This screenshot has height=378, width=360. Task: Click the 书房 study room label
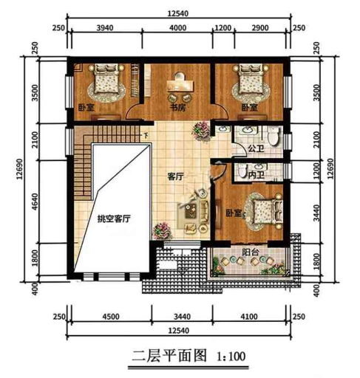[x=176, y=108]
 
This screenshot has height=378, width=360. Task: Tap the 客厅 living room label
[x=175, y=176]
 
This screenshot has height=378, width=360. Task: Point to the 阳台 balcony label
[x=251, y=252]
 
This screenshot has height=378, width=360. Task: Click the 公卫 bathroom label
[x=256, y=149]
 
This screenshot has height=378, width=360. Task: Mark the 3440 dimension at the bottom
[x=181, y=317]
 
